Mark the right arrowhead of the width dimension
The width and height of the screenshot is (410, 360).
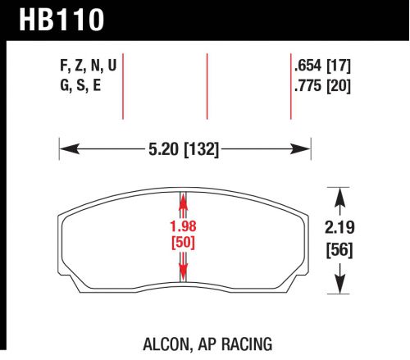click(303, 149)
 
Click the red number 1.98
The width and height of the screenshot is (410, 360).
click(184, 228)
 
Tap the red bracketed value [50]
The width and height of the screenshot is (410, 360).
click(184, 244)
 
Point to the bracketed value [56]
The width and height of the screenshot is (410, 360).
click(339, 252)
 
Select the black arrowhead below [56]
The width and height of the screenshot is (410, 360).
click(339, 285)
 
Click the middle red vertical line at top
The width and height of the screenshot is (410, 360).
click(207, 86)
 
